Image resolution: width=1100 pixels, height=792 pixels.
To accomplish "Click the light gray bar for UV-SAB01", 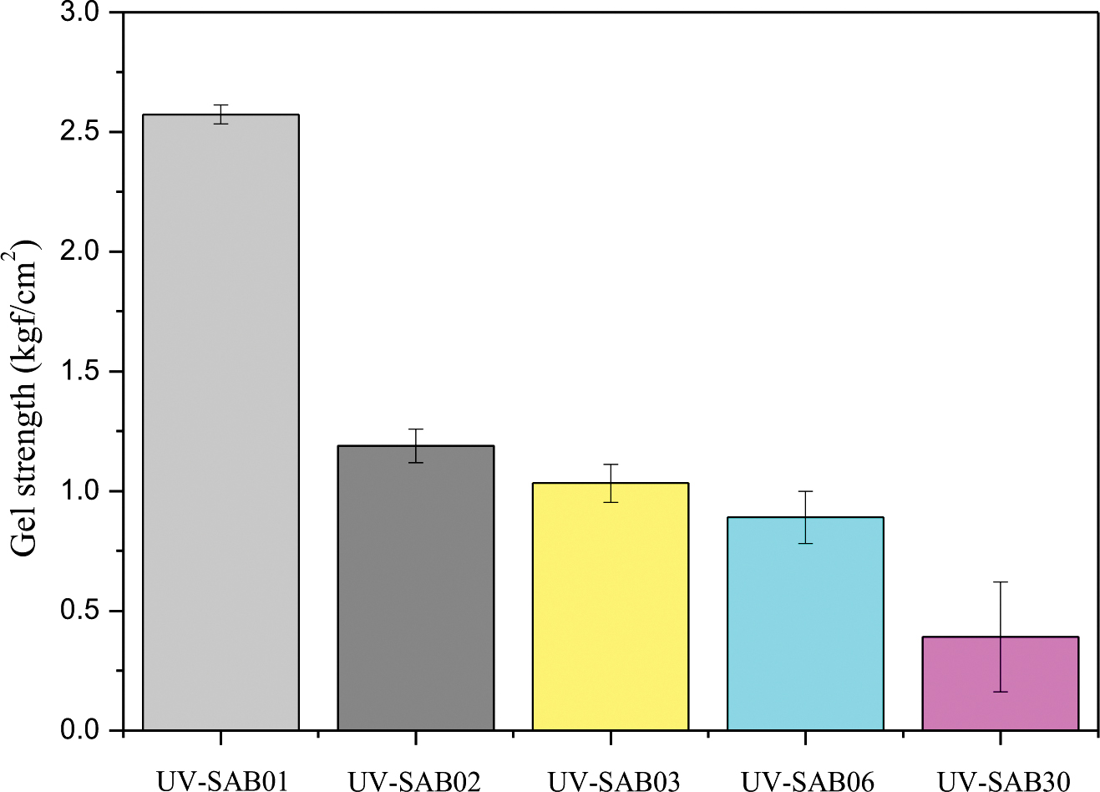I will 221,422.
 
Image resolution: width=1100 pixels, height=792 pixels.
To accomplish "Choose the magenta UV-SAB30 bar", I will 1000,683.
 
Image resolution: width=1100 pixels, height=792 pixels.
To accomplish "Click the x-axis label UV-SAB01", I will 221,781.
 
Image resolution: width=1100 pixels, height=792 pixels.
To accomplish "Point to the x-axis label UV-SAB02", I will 415,781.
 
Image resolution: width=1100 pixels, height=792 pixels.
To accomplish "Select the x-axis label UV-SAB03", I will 614,781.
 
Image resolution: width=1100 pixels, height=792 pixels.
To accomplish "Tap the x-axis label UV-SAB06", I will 808,781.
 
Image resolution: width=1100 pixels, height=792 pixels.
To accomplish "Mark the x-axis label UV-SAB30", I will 1003,781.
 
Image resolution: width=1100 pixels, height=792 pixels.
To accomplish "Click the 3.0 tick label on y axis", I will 80,13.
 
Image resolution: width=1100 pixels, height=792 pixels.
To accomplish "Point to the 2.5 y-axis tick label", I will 80,133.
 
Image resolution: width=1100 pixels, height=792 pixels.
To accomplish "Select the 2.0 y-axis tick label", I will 80,252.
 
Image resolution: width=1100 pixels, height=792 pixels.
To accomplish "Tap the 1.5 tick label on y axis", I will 80,372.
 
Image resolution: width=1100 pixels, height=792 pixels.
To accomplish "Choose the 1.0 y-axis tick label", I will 80,491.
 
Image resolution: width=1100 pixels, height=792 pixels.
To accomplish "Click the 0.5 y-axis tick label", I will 80,611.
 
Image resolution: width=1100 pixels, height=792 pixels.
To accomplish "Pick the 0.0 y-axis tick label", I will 80,730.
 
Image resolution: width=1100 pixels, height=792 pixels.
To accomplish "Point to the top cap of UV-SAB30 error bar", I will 1000,581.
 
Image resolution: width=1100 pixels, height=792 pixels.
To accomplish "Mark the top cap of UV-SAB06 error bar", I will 805,491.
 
